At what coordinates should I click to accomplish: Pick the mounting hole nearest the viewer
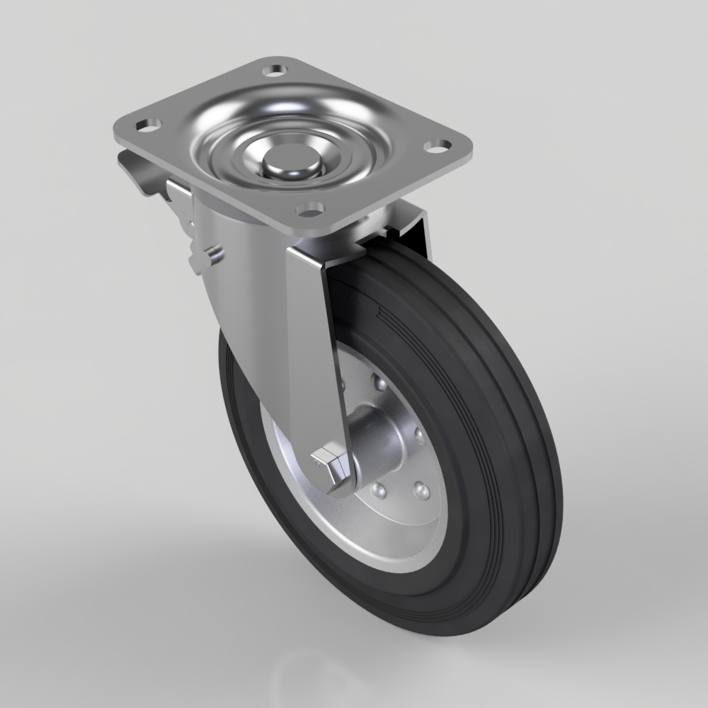pyautogui.click(x=309, y=210)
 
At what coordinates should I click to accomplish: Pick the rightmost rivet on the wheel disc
pyautogui.click(x=418, y=433)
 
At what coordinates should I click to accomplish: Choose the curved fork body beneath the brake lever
pyautogui.click(x=234, y=304)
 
